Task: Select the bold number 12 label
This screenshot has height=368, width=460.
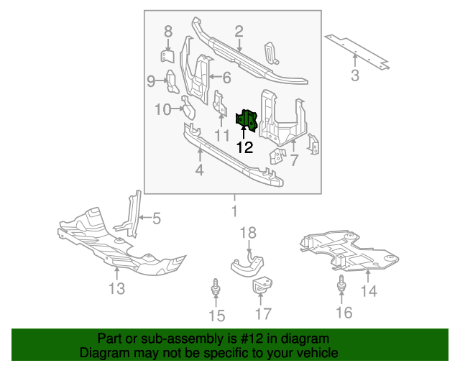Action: pyautogui.click(x=244, y=147)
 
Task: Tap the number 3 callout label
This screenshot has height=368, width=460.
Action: pyautogui.click(x=354, y=75)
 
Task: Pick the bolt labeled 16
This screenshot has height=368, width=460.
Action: pyautogui.click(x=343, y=286)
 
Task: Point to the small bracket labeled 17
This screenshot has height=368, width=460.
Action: pyautogui.click(x=262, y=287)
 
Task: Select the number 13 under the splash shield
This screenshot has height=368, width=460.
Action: pyautogui.click(x=116, y=288)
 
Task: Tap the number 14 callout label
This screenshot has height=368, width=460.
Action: pyautogui.click(x=368, y=290)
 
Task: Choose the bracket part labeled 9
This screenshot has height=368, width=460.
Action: pyautogui.click(x=173, y=82)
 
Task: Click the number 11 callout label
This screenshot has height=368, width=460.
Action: pyautogui.click(x=222, y=134)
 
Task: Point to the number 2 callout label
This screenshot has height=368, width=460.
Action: pyautogui.click(x=239, y=31)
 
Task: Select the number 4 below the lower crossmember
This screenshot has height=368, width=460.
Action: pyautogui.click(x=199, y=170)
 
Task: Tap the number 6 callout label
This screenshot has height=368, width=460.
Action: pyautogui.click(x=226, y=78)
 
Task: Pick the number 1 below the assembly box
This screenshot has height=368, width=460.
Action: pyautogui.click(x=233, y=211)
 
